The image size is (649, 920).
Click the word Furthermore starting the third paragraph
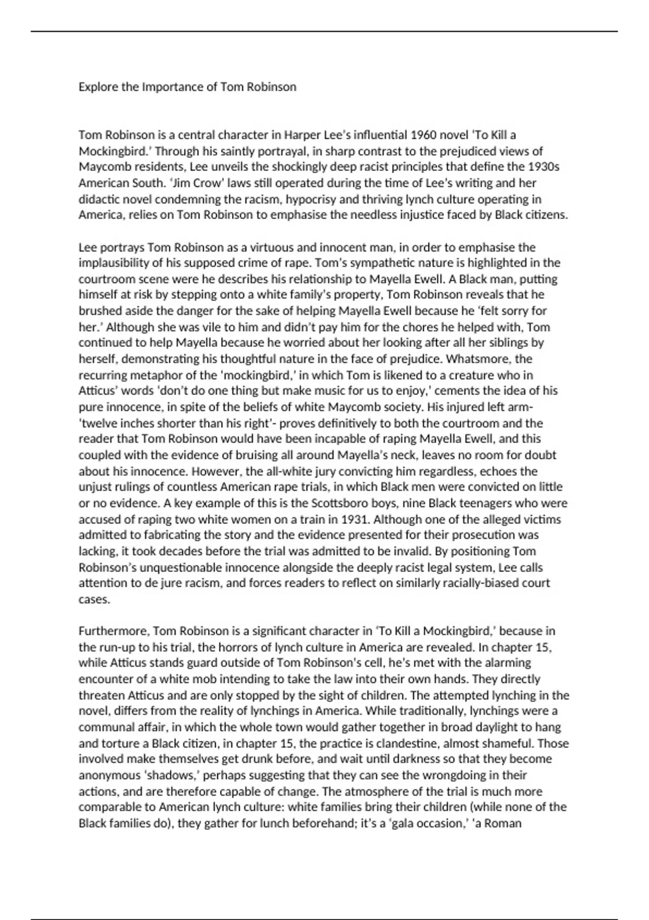coord(114,631)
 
